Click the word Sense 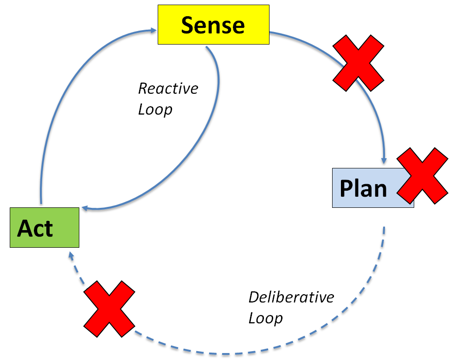pos(213,25)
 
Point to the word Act pos(35,228)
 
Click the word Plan pos(363,188)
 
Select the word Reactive pos(168,88)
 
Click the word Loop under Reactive pos(155,109)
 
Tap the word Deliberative pos(291,297)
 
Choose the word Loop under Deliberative pos(265,318)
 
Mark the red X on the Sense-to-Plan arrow pos(359,63)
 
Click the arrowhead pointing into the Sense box pos(154,31)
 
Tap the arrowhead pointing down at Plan pos(384,161)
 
